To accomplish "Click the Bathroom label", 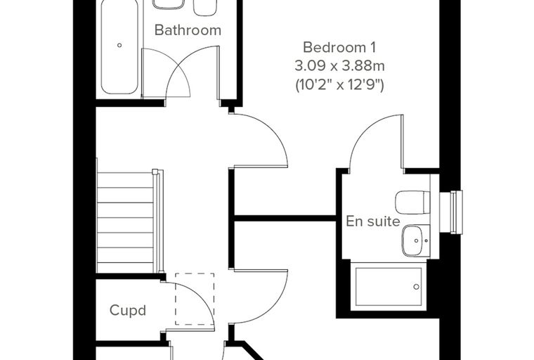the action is coord(188,30).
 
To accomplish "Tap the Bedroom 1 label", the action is coord(339,47).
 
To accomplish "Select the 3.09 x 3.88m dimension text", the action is coord(339,66).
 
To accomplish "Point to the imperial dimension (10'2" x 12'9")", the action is coord(339,85).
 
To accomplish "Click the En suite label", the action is coord(373,221).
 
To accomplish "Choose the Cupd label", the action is coord(128,310).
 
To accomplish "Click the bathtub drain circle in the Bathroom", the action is coord(119,45).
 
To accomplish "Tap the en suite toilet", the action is coord(412,202).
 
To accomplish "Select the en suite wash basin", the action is coord(415,240).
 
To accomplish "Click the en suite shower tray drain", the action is coord(416,287).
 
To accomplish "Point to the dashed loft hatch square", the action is coord(195,299).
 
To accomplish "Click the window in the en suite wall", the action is coord(451,212).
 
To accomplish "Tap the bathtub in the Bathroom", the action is coord(119,47).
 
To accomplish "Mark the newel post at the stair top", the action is coord(155,172).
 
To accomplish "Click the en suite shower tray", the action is coord(389,286).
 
